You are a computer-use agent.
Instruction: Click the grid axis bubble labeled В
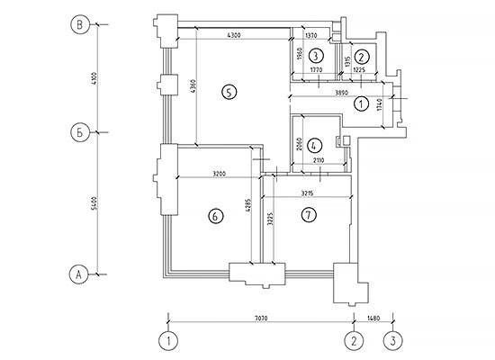tap(80, 24)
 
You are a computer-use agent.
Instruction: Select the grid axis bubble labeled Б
tap(80, 132)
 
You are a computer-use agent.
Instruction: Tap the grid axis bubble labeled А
tap(78, 274)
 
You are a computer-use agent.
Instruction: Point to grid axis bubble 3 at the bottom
tap(393, 341)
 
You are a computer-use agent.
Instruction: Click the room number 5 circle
tap(229, 92)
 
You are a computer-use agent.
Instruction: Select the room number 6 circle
tap(216, 216)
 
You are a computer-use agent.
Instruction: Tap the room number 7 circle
tap(309, 215)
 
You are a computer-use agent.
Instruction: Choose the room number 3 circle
tap(316, 56)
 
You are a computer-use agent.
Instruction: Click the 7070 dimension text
tap(261, 319)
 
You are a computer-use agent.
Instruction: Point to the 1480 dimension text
tap(373, 319)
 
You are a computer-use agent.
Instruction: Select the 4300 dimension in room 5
tap(234, 35)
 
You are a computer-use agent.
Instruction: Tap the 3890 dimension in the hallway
tap(341, 93)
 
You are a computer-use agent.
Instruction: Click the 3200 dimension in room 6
tap(219, 174)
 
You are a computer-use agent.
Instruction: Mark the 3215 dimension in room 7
tap(307, 193)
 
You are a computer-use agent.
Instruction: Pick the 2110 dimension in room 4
tap(319, 160)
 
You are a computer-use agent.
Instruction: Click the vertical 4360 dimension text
tap(193, 85)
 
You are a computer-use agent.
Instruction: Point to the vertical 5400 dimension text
tap(94, 203)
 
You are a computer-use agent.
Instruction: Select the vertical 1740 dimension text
tap(379, 104)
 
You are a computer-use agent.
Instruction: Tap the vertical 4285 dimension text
tap(248, 205)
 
